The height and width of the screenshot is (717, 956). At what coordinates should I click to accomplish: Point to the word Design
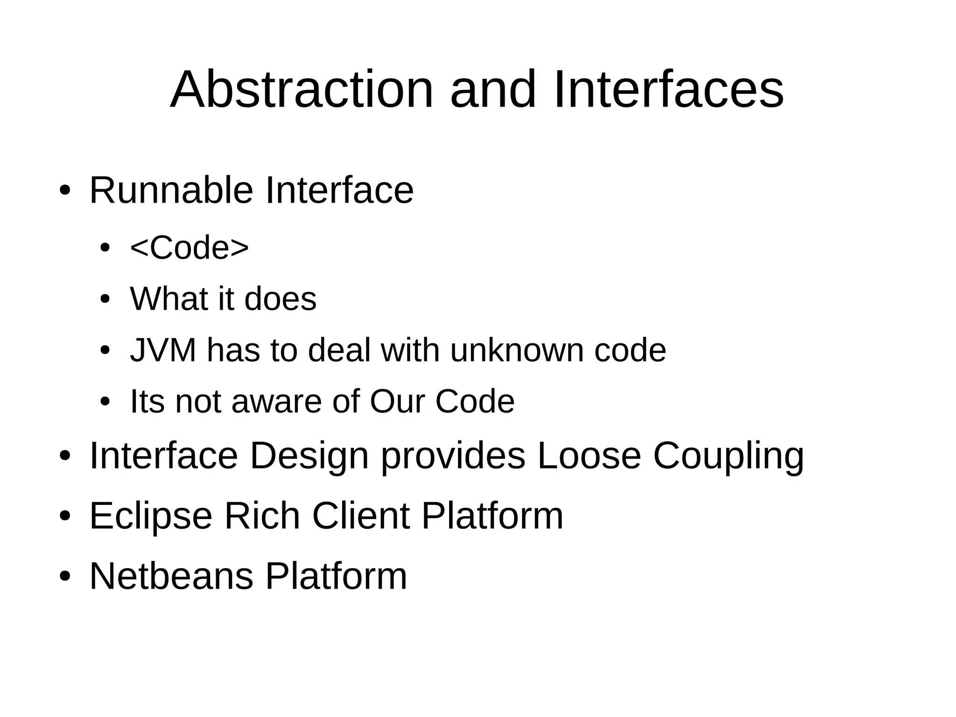click(309, 456)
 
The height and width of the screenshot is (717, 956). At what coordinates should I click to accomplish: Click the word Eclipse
click(151, 517)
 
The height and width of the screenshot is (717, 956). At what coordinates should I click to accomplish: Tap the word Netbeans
click(171, 576)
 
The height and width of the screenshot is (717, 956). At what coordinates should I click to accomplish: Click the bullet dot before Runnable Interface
click(64, 191)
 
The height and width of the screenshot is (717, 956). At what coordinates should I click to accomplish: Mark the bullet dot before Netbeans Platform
click(64, 577)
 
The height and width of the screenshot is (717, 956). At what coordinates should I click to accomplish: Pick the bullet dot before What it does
click(105, 299)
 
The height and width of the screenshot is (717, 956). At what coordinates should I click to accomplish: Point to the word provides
click(453, 456)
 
